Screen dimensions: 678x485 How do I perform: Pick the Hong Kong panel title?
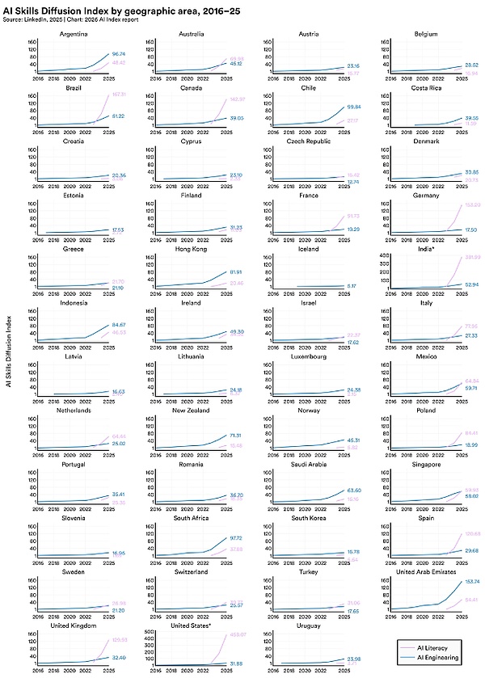191,250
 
